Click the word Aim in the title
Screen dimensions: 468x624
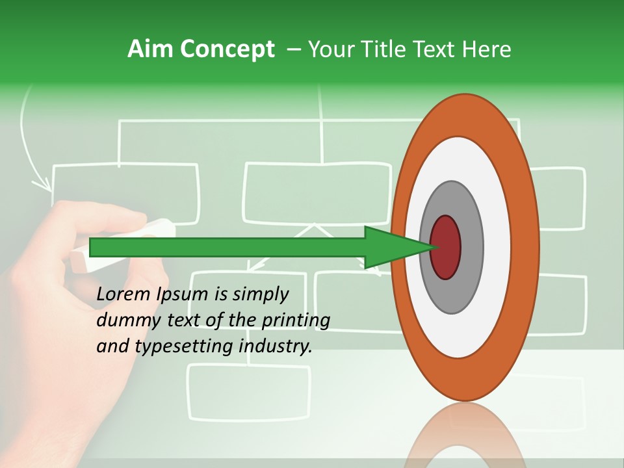pyautogui.click(x=151, y=49)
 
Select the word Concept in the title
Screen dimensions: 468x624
pyautogui.click(x=227, y=49)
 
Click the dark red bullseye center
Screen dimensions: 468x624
pyautogui.click(x=446, y=247)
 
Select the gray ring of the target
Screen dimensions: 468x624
pyautogui.click(x=471, y=247)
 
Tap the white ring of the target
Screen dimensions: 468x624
pyautogui.click(x=497, y=247)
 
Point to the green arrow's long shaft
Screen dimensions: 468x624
pyautogui.click(x=227, y=247)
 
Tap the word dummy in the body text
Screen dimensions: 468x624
pyautogui.click(x=127, y=321)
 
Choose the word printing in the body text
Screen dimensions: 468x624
pyautogui.click(x=295, y=321)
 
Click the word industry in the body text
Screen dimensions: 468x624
pyautogui.click(x=276, y=347)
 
